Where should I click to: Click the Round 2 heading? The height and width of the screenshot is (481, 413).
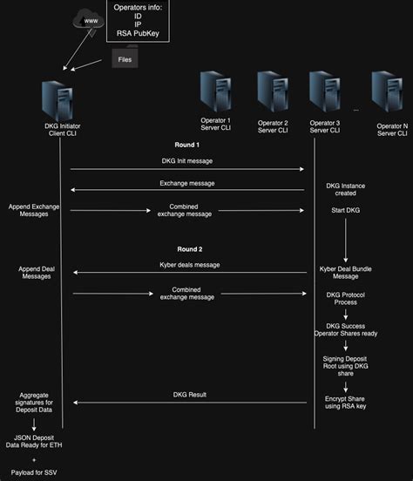(x=190, y=248)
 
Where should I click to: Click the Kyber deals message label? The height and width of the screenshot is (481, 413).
(x=190, y=264)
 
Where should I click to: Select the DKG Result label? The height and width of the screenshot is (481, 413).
(x=189, y=395)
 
